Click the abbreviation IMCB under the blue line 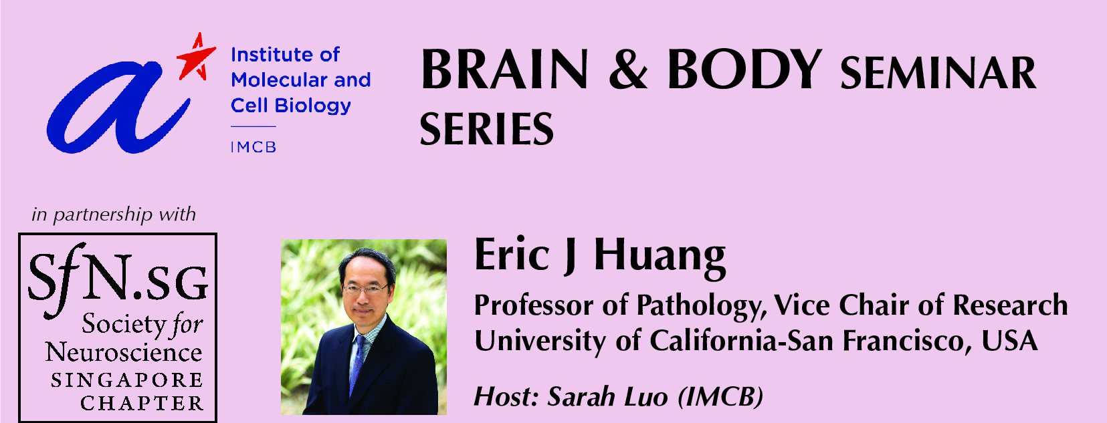coord(254,147)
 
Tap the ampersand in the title coord(627,71)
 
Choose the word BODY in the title coord(744,69)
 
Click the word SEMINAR coord(938,74)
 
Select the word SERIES coord(486,129)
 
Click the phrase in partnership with coord(114,215)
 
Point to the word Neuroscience coord(124,352)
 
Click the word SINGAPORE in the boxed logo coord(127,380)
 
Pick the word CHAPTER coord(142,404)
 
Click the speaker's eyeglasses coord(365,290)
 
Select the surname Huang coord(660,256)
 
